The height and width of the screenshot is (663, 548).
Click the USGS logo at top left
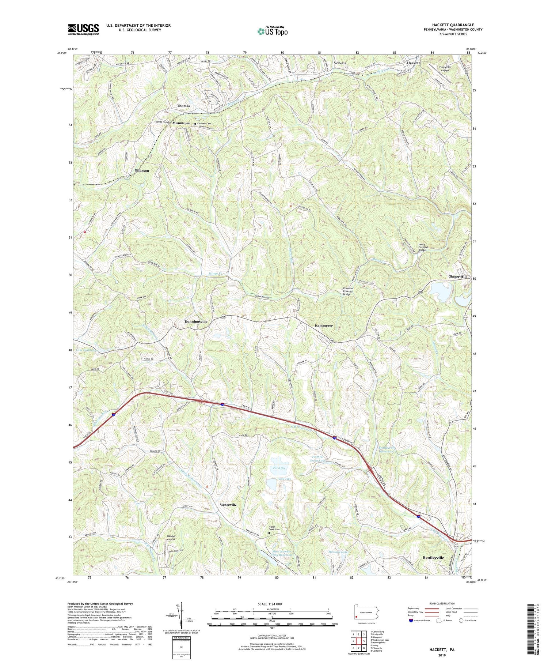pos(83,29)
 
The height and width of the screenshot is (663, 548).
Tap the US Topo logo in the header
pos(272,31)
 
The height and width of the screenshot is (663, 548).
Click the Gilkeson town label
pos(142,170)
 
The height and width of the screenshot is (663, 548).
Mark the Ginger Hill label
pos(457,277)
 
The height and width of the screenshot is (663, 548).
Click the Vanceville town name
pos(228,505)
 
